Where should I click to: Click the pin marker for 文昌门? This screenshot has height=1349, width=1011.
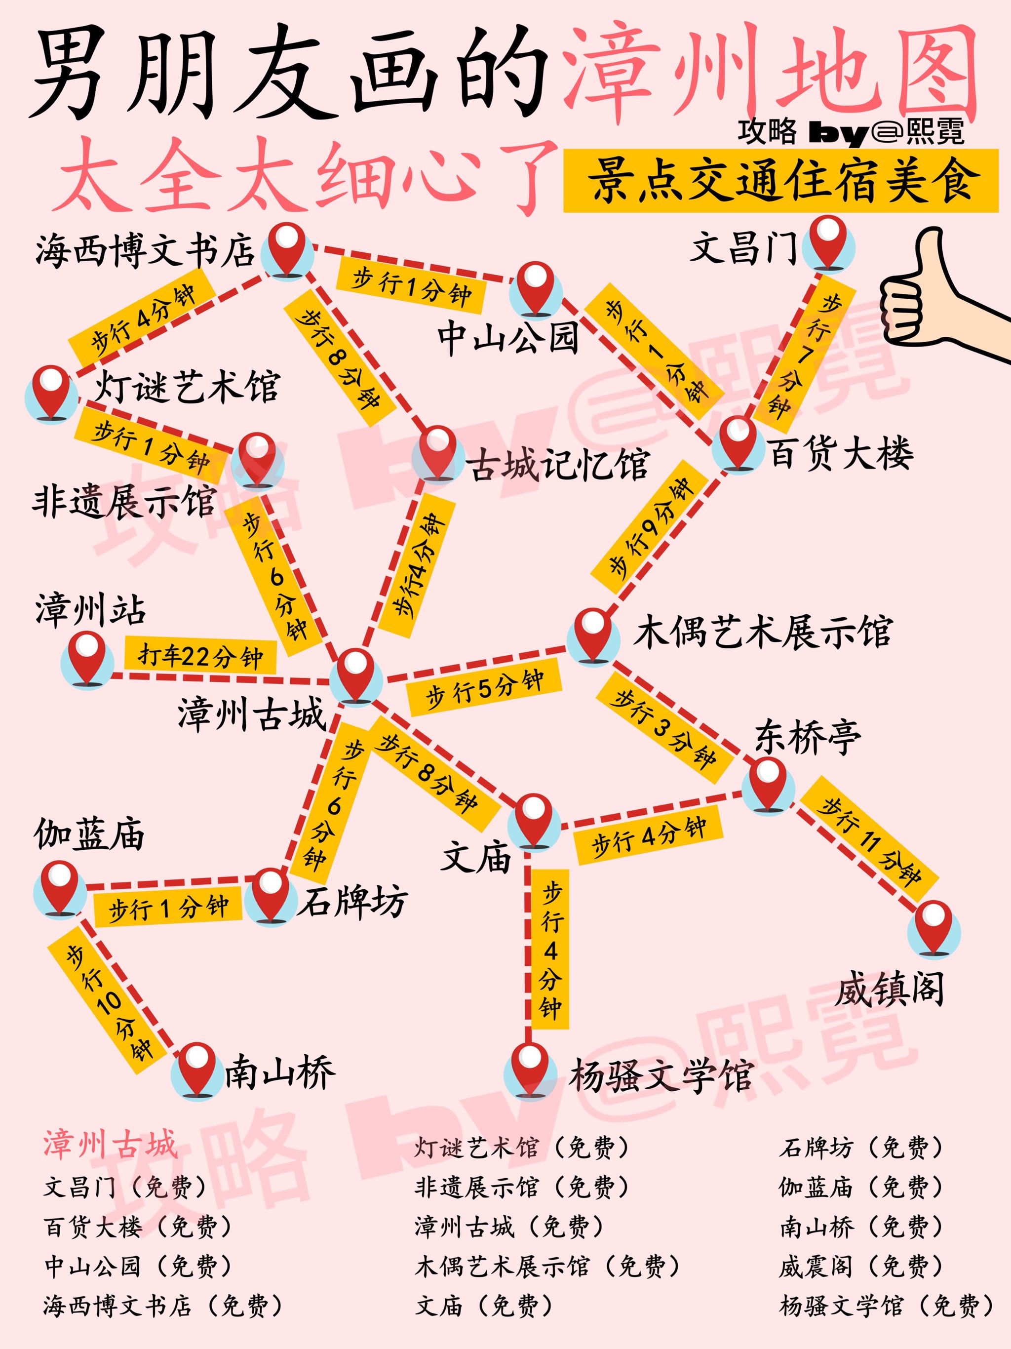click(x=828, y=244)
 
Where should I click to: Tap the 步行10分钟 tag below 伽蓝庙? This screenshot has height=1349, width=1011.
click(x=110, y=1001)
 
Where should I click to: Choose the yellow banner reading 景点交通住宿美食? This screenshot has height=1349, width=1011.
click(x=780, y=181)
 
